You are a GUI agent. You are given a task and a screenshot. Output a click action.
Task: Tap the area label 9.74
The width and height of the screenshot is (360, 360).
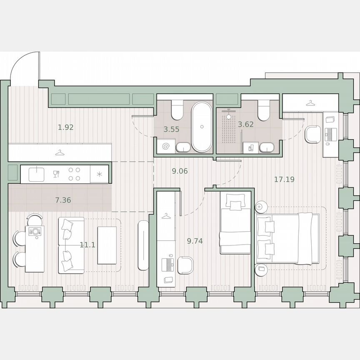(195, 241)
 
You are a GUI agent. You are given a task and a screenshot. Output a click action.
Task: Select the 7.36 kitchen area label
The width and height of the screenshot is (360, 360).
(63, 200)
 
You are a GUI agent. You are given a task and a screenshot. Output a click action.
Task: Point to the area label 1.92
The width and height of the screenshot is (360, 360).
(66, 127)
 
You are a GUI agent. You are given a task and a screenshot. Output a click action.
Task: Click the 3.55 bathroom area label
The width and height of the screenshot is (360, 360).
(171, 129)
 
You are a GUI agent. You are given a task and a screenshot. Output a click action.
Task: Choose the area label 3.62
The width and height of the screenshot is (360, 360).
(245, 124)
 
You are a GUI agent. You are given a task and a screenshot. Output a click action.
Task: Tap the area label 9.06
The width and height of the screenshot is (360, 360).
(180, 170)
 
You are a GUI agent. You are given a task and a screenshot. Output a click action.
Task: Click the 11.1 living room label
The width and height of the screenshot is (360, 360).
(87, 245)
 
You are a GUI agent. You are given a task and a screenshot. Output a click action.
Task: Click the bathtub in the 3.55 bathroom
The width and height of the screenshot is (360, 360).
(202, 126)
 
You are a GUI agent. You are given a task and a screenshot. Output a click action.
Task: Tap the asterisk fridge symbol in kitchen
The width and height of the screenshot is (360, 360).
(99, 174)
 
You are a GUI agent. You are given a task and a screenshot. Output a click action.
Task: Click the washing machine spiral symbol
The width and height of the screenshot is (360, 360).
(166, 147)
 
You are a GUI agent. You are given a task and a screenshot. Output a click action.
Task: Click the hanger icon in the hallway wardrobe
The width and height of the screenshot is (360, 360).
(60, 152)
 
